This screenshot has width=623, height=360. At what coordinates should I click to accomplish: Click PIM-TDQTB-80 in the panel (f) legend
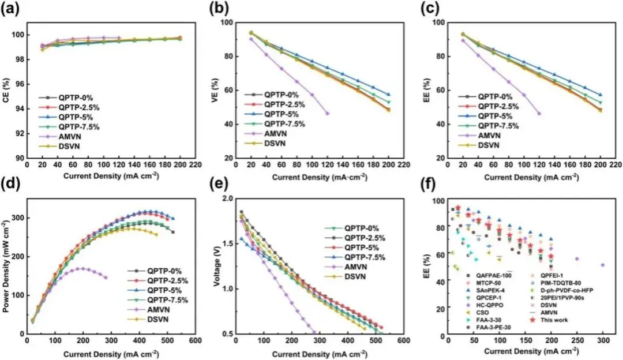pyautogui.click(x=558, y=283)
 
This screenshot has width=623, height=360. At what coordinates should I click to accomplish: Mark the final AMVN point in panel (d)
pyautogui.click(x=106, y=277)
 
